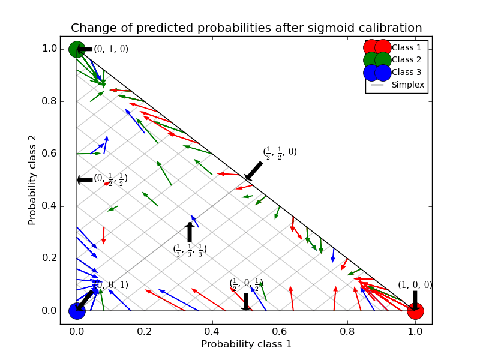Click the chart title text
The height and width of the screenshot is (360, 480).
(246, 28)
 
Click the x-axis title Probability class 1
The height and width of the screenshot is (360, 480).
(246, 344)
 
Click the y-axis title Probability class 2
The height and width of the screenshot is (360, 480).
(32, 179)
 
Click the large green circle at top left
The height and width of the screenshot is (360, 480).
(77, 49)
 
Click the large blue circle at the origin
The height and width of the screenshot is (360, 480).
(77, 311)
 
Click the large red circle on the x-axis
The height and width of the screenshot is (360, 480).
(415, 311)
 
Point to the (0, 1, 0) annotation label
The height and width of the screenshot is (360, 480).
(111, 49)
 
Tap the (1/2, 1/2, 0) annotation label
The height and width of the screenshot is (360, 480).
(280, 152)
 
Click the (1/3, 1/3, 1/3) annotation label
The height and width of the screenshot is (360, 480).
(190, 248)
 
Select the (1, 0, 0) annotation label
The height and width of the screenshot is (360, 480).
(415, 286)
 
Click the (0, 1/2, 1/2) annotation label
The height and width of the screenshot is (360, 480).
(110, 179)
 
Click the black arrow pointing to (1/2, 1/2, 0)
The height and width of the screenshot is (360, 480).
(254, 170)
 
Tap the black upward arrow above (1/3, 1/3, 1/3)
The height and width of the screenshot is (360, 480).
(190, 232)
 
